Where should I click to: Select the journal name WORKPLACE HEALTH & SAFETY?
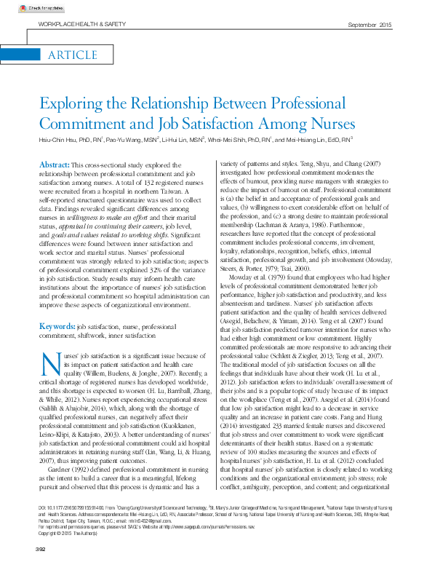[76, 25]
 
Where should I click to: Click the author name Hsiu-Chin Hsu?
[59, 138]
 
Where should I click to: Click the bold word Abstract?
[54, 166]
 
